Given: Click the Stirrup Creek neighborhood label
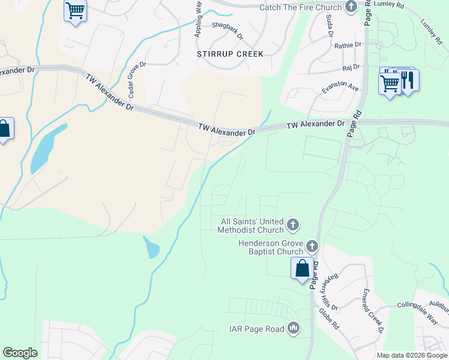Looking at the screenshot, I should [230, 54].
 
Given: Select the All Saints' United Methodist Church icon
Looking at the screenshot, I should [292, 226].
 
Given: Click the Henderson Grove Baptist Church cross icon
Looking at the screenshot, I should [312, 246].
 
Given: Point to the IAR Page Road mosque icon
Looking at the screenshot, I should [294, 328].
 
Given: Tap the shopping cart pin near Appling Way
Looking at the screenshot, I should [75, 11].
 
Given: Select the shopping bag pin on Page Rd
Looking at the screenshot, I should [302, 268].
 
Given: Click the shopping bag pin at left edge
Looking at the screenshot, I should [4, 129].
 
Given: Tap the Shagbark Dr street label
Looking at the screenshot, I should [228, 31].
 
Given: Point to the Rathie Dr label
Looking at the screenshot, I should [348, 45].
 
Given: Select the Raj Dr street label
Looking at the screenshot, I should [351, 67].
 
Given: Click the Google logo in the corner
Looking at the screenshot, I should [20, 353].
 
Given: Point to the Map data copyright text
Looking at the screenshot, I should [411, 355].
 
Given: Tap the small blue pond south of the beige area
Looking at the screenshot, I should [151, 247].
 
